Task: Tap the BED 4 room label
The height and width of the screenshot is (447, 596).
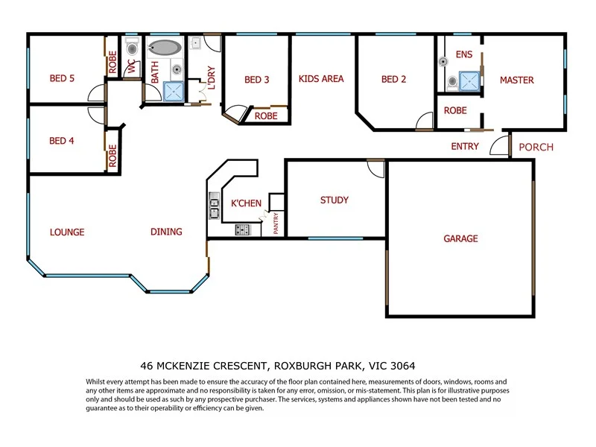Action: [62, 141]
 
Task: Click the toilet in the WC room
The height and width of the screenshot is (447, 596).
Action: [133, 49]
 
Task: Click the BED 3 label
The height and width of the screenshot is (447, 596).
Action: [256, 80]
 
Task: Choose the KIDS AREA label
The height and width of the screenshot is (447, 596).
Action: [321, 78]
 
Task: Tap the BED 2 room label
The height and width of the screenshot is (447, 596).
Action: [393, 80]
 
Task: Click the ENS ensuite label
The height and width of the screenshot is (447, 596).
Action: [463, 54]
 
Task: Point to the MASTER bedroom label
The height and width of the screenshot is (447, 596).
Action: [516, 80]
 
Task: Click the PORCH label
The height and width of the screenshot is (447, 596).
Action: [536, 147]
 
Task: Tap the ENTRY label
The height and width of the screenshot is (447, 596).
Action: [465, 147]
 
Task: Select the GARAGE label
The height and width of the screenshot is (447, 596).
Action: [460, 239]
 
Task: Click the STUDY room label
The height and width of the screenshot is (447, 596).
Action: [334, 200]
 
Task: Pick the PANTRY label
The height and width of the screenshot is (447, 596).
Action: [276, 224]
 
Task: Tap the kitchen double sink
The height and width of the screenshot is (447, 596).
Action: [214, 206]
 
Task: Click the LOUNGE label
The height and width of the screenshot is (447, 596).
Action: [67, 232]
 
